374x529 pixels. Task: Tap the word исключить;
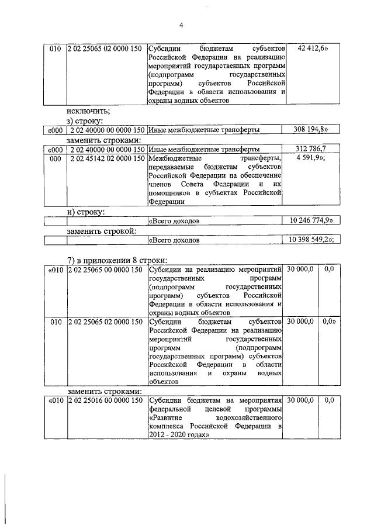pos(88,110)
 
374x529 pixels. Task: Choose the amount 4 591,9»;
pos(311,158)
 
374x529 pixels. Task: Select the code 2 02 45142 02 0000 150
pos(106,158)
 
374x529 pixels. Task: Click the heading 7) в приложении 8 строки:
pos(117,260)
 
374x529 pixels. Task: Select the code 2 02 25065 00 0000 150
pos(106,269)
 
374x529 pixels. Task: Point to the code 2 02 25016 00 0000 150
pos(106,400)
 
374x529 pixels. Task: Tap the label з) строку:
pos(85,120)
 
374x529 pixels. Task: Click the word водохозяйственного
pos(249,419)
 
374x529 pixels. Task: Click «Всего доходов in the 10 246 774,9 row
pos(175,222)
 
